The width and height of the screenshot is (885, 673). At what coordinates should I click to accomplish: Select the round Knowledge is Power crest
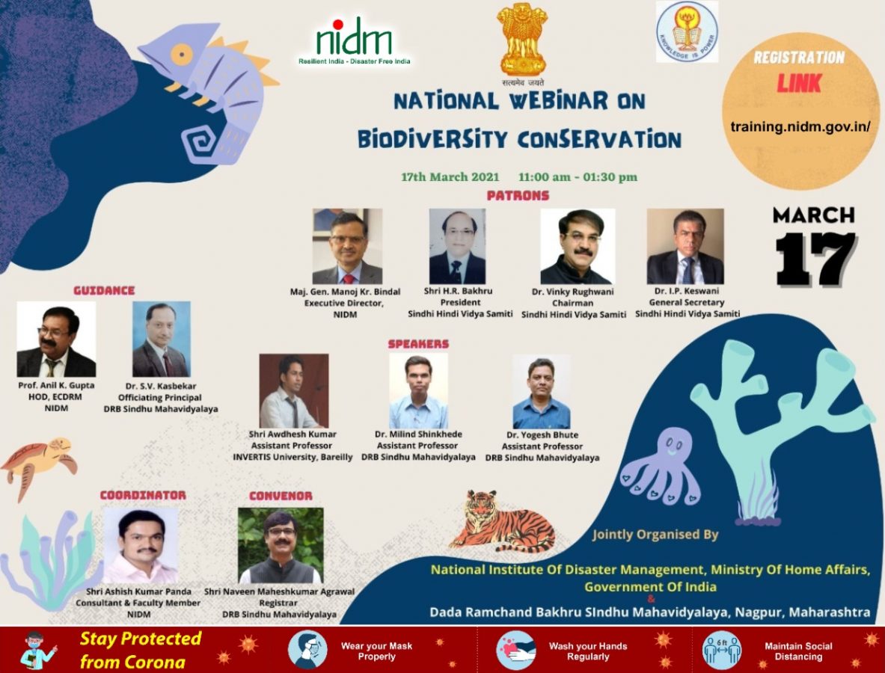coord(686,31)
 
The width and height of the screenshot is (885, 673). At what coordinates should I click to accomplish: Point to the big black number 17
coord(815,259)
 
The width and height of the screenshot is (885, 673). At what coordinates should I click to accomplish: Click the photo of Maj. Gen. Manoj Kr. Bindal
coord(347,246)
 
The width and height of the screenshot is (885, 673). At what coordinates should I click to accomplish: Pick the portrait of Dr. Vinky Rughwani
coord(577,246)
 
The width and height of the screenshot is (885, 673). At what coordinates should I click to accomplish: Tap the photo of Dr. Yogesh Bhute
coord(541,392)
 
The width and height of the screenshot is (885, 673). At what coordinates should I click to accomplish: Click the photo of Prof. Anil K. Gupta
coord(56,339)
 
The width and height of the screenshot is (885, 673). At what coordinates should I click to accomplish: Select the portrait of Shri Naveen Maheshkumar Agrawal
coord(281,545)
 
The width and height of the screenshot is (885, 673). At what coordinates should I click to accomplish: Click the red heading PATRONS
coord(518,196)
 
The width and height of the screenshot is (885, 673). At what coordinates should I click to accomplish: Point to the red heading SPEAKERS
coord(418,344)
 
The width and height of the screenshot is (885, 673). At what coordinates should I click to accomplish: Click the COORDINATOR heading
coord(143,495)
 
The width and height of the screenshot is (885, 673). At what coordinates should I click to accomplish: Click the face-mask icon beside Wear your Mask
coord(307,650)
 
